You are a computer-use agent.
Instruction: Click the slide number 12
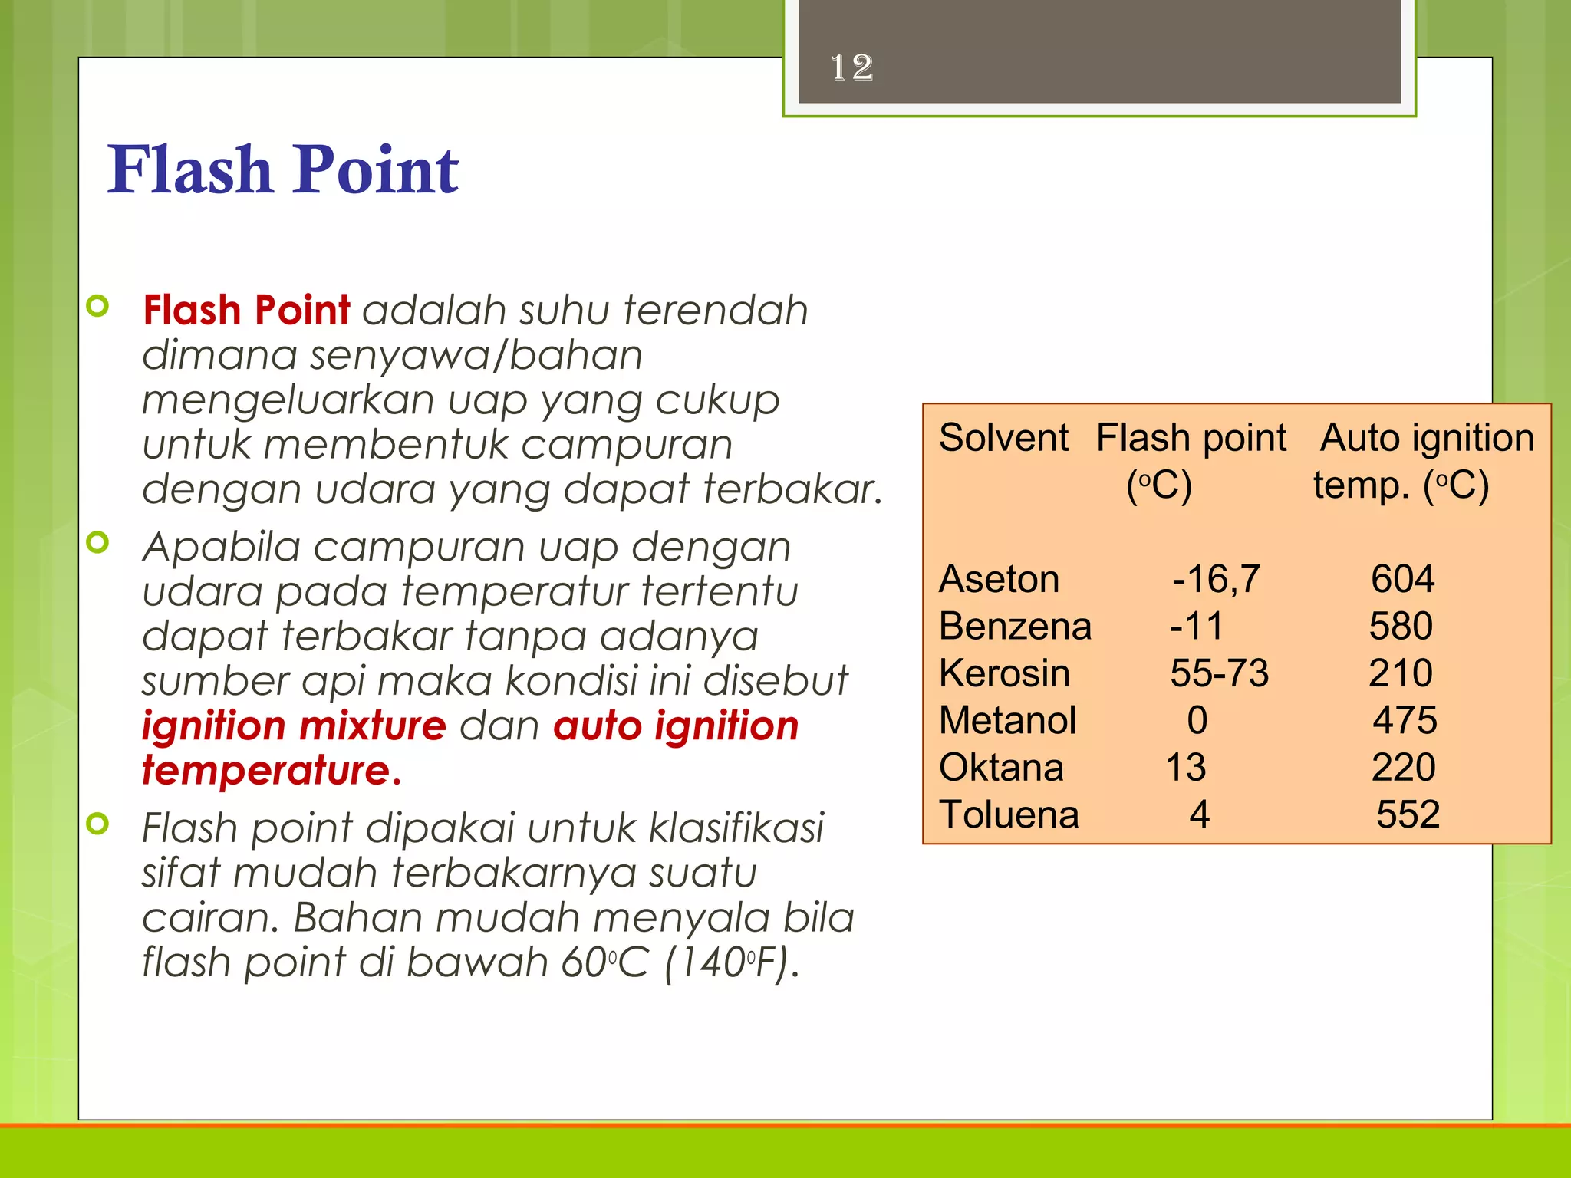pyautogui.click(x=851, y=67)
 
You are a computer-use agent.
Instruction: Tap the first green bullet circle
pyautogui.click(x=98, y=306)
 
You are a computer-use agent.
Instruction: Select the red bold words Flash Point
pyautogui.click(x=246, y=311)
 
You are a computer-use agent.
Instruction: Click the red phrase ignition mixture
pyautogui.click(x=294, y=726)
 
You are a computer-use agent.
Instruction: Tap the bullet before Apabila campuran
pyautogui.click(x=98, y=542)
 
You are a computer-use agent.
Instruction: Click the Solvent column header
pyautogui.click(x=1003, y=438)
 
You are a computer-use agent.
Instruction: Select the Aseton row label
pyautogui.click(x=998, y=579)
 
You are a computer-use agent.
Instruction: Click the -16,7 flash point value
pyautogui.click(x=1216, y=579)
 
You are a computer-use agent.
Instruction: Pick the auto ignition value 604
pyautogui.click(x=1402, y=579)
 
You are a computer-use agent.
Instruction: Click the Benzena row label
pyautogui.click(x=1014, y=626)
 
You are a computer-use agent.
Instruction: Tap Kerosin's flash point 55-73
pyautogui.click(x=1219, y=673)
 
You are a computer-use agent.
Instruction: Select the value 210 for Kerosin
pyautogui.click(x=1401, y=673)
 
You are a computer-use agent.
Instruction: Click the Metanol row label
pyautogui.click(x=1007, y=721)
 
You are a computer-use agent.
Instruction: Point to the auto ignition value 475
pyautogui.click(x=1405, y=721)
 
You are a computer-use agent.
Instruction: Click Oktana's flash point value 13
pyautogui.click(x=1185, y=768)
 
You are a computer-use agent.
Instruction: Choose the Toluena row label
pyautogui.click(x=1009, y=814)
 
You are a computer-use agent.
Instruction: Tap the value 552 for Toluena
pyautogui.click(x=1407, y=814)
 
